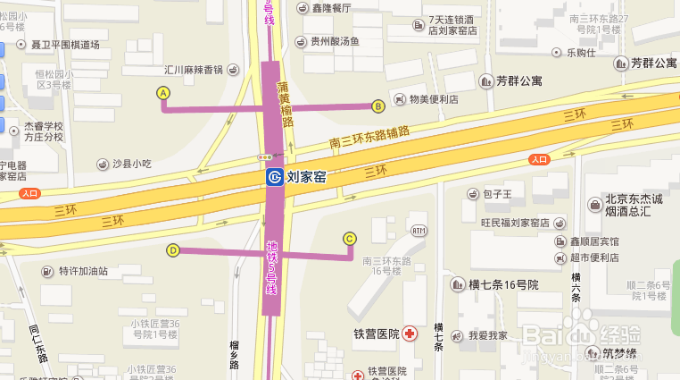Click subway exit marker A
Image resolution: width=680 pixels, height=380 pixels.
tap(163, 92)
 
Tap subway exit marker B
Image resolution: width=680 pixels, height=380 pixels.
tap(377, 106)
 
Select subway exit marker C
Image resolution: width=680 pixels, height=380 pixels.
tap(350, 239)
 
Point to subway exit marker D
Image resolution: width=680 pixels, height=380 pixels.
tap(172, 250)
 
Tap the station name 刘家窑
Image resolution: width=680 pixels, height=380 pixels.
tap(306, 177)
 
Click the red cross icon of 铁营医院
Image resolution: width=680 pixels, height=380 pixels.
tap(410, 334)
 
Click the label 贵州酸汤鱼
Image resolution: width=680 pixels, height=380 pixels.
tap(334, 41)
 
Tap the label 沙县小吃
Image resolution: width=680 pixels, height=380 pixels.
tap(132, 164)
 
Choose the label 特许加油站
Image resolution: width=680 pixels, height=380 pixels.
tap(83, 271)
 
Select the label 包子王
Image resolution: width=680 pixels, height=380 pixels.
tap(496, 193)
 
